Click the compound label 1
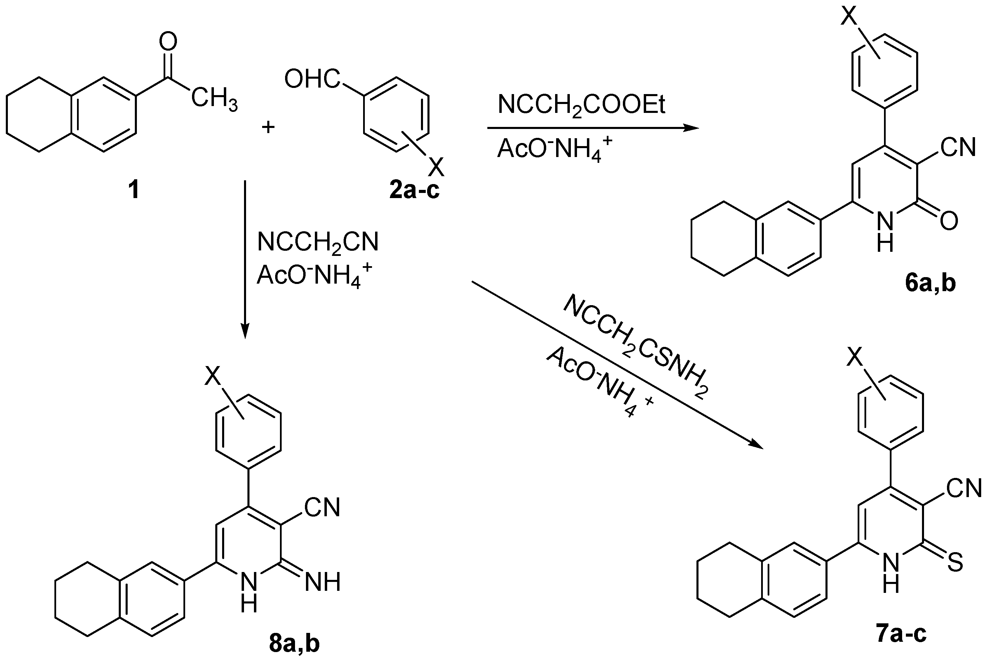click(133, 190)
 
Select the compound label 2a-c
click(414, 190)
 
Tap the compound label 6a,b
click(930, 284)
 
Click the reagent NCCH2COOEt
click(581, 105)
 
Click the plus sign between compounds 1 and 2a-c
click(268, 127)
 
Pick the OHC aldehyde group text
click(312, 79)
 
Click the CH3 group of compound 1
click(214, 98)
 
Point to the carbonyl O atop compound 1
click(168, 41)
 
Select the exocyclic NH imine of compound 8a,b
click(323, 582)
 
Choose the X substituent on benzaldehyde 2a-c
click(436, 167)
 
